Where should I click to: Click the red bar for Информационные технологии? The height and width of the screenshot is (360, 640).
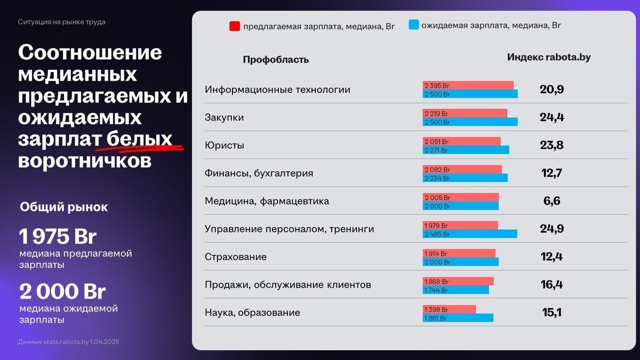tap(468, 85)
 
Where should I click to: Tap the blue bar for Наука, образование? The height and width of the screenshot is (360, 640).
tap(458, 318)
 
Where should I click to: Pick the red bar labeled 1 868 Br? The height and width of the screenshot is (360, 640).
tap(458, 281)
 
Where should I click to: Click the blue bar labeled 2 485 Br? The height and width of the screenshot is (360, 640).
tap(470, 234)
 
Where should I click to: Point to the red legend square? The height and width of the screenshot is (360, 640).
tap(234, 26)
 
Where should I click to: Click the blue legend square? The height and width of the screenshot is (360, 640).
tap(413, 25)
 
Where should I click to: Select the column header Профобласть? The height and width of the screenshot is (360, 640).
tap(276, 60)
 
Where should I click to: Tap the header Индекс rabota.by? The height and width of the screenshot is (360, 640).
tap(549, 57)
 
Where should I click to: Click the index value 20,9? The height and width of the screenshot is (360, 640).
tap(551, 90)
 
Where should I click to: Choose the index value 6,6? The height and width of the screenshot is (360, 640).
tap(552, 201)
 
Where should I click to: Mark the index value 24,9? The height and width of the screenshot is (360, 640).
tap(551, 229)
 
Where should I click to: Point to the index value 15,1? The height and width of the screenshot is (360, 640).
tap(551, 313)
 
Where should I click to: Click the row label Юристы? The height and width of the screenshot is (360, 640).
tap(225, 146)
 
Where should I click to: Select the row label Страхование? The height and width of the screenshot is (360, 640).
tap(236, 257)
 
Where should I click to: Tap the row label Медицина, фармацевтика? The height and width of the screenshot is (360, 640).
tap(267, 201)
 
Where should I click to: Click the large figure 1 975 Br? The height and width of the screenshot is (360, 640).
tap(58, 236)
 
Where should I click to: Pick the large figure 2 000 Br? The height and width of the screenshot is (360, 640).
tap(62, 292)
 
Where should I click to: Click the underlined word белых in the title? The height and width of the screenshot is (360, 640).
tap(139, 139)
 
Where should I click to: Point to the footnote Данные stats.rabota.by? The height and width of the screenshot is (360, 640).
tap(68, 341)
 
